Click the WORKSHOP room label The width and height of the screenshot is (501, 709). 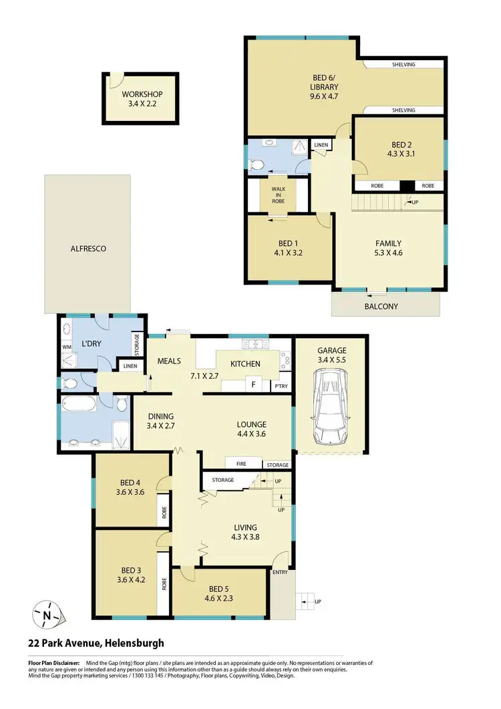tap(141, 94)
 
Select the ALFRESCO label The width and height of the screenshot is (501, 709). tap(88, 249)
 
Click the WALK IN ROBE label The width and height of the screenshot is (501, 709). tap(277, 194)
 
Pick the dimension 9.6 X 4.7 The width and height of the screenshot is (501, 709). tap(325, 96)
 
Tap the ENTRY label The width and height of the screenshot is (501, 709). tap(280, 573)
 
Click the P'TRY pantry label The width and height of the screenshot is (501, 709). tap(280, 387)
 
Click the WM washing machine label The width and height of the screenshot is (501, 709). tap(66, 347)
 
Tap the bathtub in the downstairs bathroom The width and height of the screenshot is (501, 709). tap(79, 405)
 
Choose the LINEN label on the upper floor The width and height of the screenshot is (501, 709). tap(321, 145)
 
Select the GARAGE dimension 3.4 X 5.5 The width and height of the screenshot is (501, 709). tap(330, 359)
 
